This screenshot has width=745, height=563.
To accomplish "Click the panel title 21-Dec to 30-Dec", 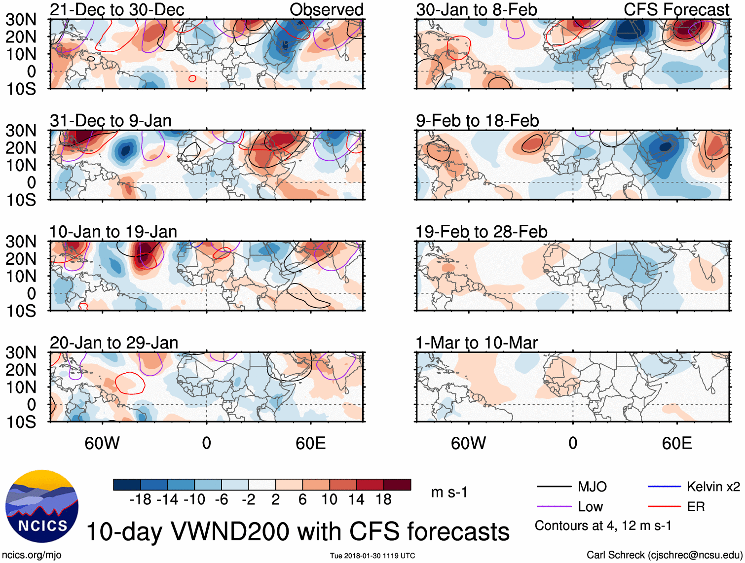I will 117,9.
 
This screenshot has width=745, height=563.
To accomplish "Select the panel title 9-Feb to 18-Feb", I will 477,120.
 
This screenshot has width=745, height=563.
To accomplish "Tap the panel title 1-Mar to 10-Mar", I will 476,342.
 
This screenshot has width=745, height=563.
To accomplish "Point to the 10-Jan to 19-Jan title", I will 113,231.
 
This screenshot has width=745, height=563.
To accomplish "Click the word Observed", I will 326,9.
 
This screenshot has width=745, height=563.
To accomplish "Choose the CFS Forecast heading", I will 676,9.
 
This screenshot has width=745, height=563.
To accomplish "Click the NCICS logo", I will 42,506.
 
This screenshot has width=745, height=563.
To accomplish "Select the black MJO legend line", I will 554,487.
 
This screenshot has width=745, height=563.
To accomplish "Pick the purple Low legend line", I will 554,506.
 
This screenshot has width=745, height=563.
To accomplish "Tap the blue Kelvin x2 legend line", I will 664,487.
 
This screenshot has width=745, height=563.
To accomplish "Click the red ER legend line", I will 664,506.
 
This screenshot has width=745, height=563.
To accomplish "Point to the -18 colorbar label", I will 140,499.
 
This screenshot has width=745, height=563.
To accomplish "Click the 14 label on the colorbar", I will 356,499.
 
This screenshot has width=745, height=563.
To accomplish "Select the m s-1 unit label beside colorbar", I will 449,492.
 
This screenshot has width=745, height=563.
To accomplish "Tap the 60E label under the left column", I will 310,443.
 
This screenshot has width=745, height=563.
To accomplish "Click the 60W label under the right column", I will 468,443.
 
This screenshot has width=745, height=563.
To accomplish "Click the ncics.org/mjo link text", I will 32,555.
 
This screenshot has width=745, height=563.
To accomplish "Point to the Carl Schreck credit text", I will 664,555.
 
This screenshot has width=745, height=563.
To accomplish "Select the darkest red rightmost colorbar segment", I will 397,485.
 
